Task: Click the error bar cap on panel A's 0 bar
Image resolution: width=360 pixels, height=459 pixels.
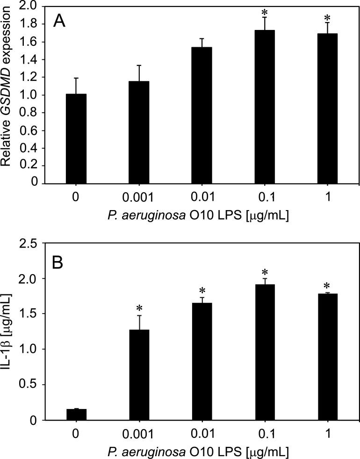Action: (x=77, y=78)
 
